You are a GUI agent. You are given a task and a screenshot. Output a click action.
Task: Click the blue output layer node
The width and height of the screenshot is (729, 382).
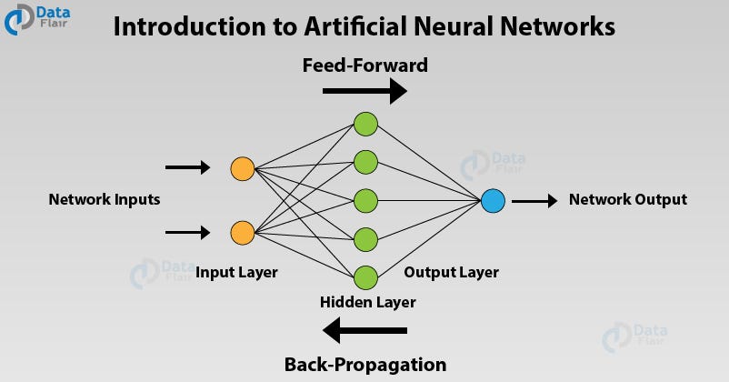point(493,200)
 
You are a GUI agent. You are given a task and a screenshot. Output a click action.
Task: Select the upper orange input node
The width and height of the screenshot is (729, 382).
point(242,168)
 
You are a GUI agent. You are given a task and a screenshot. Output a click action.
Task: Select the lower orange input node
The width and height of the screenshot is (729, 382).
point(242,233)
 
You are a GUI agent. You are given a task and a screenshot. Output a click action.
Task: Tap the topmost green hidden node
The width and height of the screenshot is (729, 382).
point(365,124)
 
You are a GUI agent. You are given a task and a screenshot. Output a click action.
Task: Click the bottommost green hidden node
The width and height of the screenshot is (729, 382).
point(365,277)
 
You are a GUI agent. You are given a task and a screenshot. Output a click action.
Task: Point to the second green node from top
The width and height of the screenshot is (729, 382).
point(365,162)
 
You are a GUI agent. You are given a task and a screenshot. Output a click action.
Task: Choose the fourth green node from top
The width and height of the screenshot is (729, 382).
point(365,239)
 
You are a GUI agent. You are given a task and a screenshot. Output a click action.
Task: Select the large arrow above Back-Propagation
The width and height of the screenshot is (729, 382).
point(365,329)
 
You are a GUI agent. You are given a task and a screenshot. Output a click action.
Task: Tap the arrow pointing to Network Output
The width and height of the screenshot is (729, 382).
point(534,200)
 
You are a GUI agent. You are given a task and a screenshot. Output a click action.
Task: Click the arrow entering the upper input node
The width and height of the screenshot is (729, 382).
point(188,168)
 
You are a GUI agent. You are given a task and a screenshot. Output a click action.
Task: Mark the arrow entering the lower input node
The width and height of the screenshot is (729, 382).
point(188,233)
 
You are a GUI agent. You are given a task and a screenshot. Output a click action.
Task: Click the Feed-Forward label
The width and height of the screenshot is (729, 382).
point(364,65)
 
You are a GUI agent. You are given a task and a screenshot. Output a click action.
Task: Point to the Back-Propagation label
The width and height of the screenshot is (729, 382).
point(365,365)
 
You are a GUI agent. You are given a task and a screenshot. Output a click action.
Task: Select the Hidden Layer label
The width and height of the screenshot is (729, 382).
point(367,302)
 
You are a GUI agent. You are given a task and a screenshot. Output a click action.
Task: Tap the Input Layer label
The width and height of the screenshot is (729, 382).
point(236,272)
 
